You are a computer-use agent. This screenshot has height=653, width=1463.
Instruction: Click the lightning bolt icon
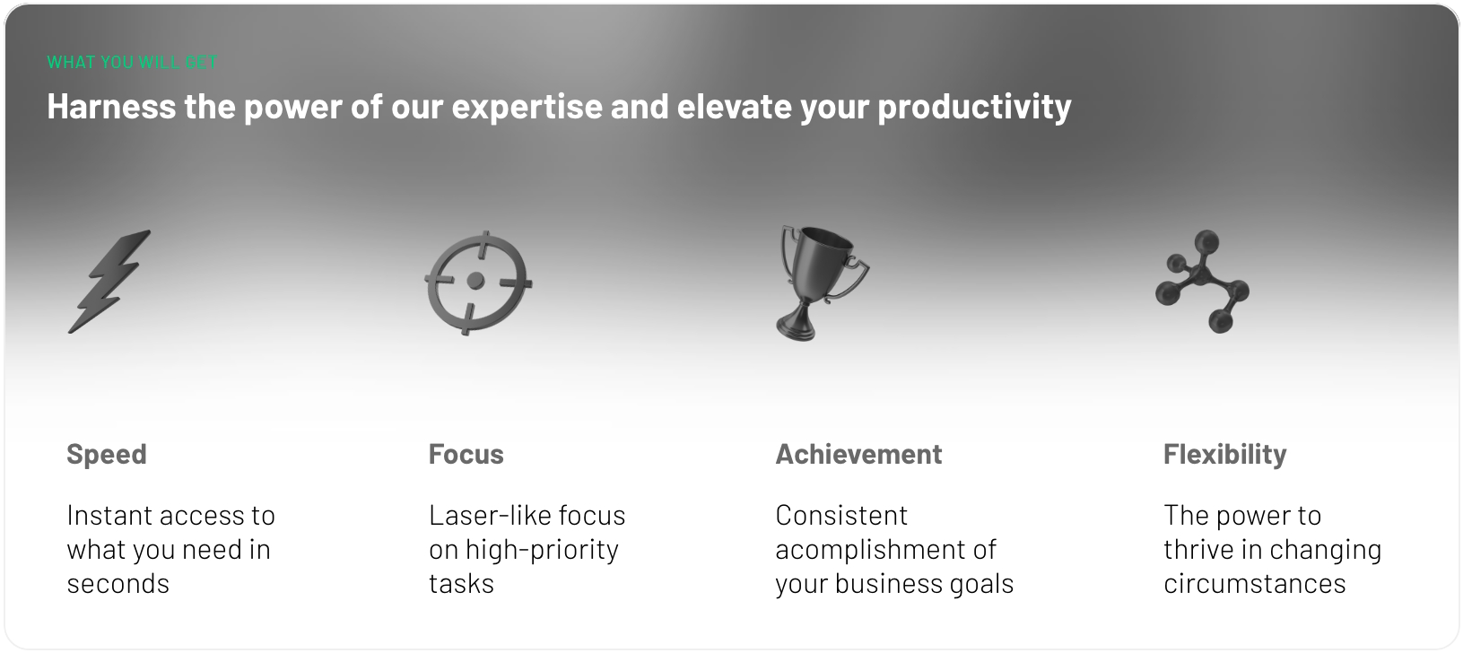pos(109,281)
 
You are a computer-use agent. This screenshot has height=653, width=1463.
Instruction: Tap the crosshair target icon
pos(477,283)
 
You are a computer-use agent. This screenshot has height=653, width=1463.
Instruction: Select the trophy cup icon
pos(820,281)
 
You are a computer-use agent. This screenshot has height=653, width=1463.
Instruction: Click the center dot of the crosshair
pos(475,282)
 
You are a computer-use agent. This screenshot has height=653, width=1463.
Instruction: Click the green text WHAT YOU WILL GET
pos(132,63)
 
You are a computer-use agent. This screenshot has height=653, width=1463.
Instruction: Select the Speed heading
pos(106,454)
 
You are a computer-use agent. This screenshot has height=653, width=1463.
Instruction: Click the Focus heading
pos(466,454)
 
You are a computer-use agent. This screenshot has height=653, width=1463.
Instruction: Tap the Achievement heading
pos(858,454)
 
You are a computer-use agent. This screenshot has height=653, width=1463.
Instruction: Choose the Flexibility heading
pos(1224,454)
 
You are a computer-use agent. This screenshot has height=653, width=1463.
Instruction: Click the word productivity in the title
pos(974,107)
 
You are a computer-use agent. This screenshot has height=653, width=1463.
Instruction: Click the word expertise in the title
pos(527,107)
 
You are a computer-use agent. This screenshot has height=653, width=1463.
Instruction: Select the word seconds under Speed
pos(118,584)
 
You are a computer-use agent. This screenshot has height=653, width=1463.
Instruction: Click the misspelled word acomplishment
pos(862,550)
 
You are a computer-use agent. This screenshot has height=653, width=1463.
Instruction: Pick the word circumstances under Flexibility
pos(1254,584)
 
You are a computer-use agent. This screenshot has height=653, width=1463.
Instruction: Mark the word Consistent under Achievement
pos(841,516)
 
